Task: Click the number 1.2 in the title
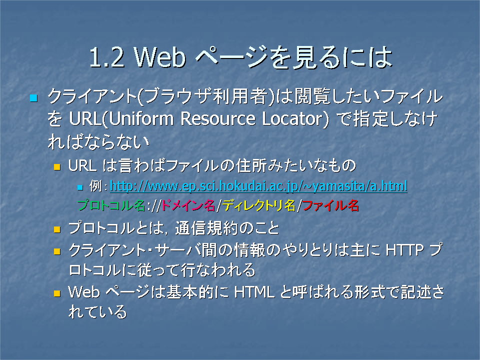pos(107,57)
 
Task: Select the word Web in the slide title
pos(160,57)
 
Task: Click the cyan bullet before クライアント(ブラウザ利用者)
pos(33,98)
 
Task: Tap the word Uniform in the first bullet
pos(141,119)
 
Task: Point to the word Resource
pos(217,119)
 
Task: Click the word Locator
pos(292,119)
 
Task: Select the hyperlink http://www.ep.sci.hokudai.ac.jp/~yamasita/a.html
pos(258,186)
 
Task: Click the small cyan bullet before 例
pos(80,187)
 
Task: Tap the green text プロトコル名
pos(111,205)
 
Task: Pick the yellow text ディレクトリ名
pos(258,205)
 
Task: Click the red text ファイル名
pos(330,205)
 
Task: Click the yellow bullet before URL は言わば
pos(57,167)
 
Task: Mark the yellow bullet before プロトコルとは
pos(57,229)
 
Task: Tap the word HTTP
pos(404,250)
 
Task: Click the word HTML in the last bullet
pos(254,292)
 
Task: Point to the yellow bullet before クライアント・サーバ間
pos(57,251)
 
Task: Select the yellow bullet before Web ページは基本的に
pos(57,293)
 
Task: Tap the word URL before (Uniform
pos(85,119)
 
